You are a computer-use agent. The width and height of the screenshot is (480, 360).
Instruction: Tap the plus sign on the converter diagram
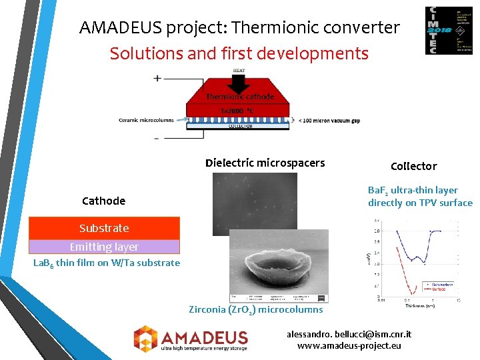pos(157,78)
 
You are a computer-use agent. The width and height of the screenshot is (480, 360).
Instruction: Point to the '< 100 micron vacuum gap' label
pos(330,120)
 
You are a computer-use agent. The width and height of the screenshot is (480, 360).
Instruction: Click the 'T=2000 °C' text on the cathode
pos(237,111)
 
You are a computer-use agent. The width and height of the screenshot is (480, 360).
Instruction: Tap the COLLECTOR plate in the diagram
pos(240,126)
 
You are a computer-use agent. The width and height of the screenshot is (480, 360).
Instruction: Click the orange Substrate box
pos(104,228)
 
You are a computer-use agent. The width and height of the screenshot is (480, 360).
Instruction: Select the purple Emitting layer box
pos(104,247)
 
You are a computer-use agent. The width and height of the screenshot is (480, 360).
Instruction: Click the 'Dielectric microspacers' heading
pos(265,163)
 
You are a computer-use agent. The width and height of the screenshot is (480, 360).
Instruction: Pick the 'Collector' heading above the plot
pos(413,166)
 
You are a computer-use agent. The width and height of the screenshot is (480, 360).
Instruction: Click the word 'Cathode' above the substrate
pos(103,201)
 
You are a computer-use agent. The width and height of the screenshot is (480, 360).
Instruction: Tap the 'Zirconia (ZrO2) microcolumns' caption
pos(255,309)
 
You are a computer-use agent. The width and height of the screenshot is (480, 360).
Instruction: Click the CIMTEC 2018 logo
pos(449,31)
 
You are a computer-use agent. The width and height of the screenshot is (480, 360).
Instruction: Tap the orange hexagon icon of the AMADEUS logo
pos(145,337)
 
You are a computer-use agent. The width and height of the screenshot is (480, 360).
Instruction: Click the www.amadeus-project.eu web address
pos(349,345)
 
